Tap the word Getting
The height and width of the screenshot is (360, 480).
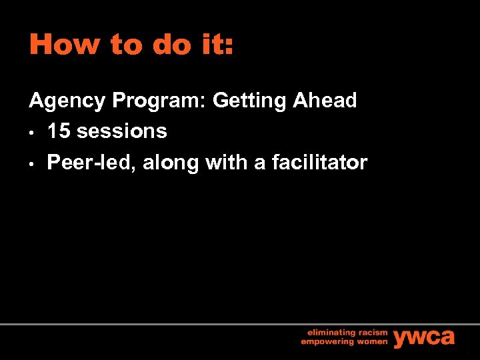pos(249,101)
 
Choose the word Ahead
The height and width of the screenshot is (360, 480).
pos(325,101)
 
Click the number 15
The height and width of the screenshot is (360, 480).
pos(59,131)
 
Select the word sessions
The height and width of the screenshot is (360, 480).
pos(122,131)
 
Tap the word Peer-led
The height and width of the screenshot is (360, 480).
pos(90,162)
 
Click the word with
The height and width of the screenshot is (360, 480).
pos(227,162)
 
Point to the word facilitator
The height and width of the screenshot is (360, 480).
pos(320,162)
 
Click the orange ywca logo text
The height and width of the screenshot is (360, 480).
pos(424,337)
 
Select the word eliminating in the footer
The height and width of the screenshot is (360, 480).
pos(329,331)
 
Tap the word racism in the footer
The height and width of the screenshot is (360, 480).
pos(371,331)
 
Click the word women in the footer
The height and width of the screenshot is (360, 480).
pos(371,341)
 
